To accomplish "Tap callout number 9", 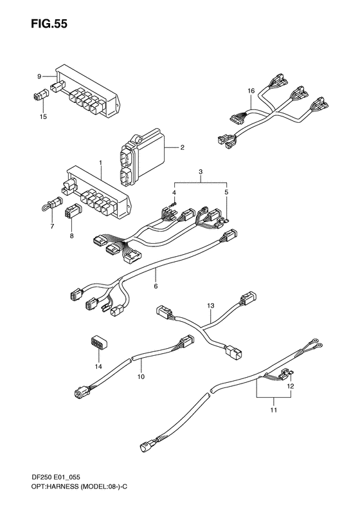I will pyautogui.click(x=39, y=77).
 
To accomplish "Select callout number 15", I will pyautogui.click(x=44, y=116).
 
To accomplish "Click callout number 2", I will pyautogui.click(x=182, y=147).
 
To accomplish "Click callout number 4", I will pyautogui.click(x=174, y=192).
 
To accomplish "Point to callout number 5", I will pyautogui.click(x=226, y=192).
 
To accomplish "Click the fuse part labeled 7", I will pyautogui.click(x=49, y=207).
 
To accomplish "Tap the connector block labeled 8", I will pyautogui.click(x=71, y=212).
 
